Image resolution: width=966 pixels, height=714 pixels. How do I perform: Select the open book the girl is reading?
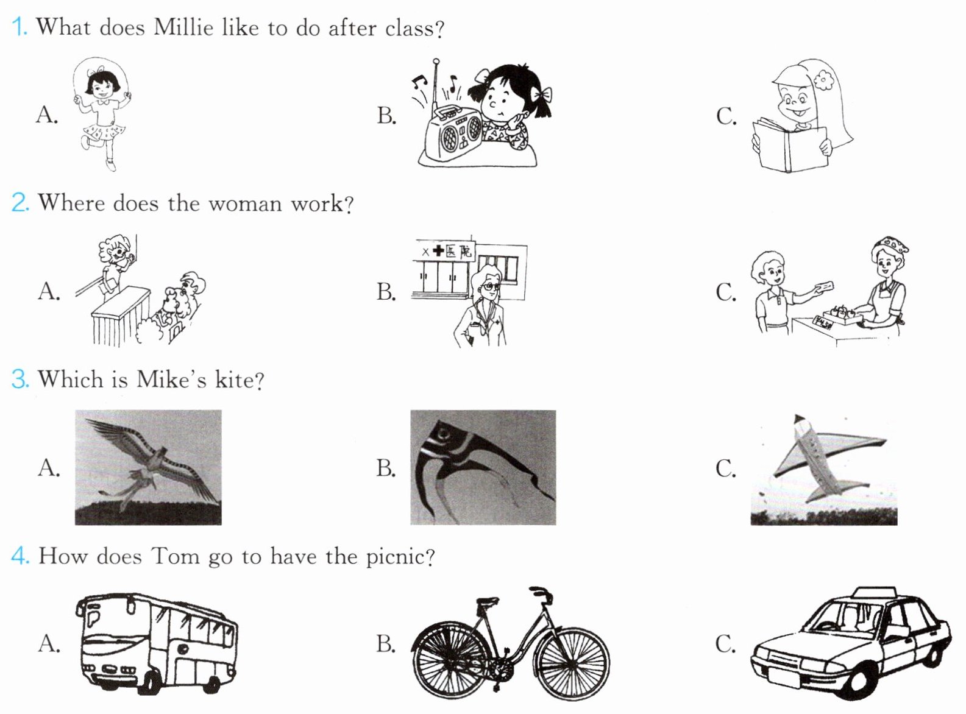[790, 146]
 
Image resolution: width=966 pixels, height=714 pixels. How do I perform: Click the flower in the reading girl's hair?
[823, 80]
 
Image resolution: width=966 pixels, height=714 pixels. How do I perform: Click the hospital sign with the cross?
[445, 251]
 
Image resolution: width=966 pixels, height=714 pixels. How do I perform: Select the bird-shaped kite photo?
[148, 467]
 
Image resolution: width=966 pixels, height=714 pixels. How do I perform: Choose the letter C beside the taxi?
[726, 644]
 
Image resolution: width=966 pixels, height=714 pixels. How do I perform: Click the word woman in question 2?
[245, 204]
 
